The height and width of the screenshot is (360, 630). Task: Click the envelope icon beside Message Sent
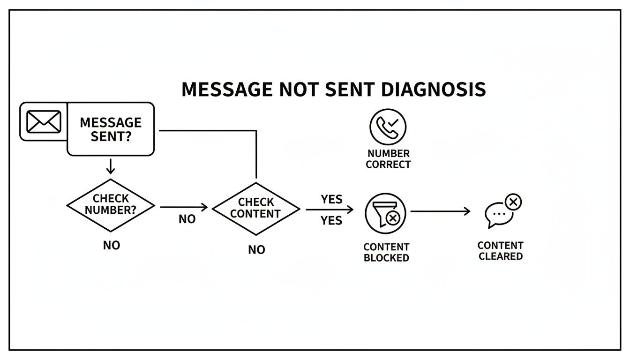(x=44, y=122)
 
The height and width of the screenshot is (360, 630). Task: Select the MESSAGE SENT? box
(x=111, y=129)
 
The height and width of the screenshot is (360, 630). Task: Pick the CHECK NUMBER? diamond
(x=111, y=205)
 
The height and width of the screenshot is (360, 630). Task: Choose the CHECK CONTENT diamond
(x=256, y=208)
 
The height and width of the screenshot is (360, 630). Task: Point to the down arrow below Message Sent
(x=111, y=166)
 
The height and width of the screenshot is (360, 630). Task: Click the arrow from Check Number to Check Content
(x=184, y=207)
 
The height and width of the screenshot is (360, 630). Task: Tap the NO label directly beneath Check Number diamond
(x=112, y=245)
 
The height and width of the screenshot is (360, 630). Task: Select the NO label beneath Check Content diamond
(x=256, y=250)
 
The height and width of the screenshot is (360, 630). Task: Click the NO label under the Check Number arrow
(x=187, y=219)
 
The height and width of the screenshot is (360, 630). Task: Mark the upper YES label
(x=331, y=199)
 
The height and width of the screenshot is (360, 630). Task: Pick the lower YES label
(x=331, y=220)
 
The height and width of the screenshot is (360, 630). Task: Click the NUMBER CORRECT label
(x=388, y=159)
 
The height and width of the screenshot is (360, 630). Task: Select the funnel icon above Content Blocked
(x=386, y=212)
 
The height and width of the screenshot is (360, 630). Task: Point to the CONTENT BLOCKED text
(x=386, y=252)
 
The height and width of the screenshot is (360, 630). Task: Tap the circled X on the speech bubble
(x=513, y=202)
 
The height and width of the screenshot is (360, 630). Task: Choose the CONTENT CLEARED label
(x=500, y=251)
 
